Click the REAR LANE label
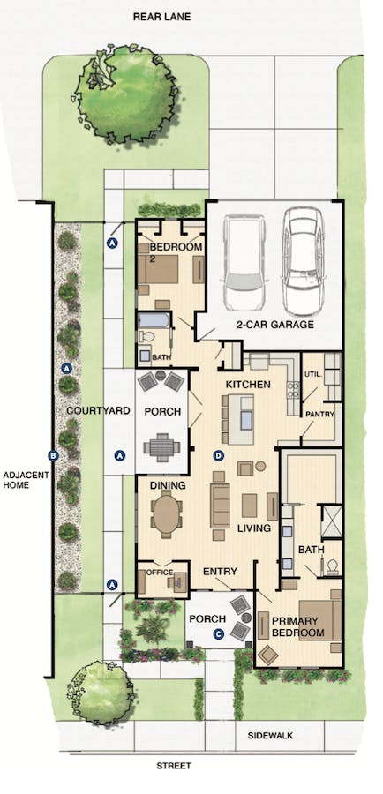(161, 16)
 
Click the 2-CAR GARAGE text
(274, 325)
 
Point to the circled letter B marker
(52, 456)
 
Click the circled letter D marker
(219, 456)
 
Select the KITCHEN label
(248, 386)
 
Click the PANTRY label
(318, 413)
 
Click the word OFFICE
(160, 572)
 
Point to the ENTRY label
(220, 573)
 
